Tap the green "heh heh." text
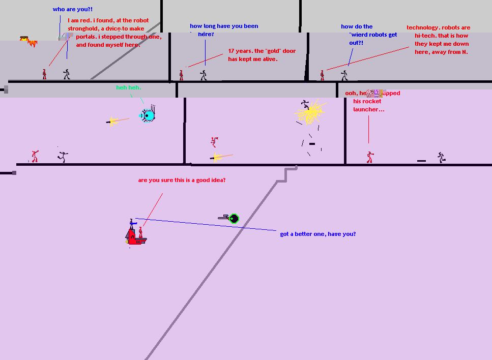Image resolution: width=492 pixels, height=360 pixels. [128, 88]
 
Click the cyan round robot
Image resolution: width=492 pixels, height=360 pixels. [148, 116]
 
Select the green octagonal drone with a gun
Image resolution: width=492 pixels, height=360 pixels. [233, 219]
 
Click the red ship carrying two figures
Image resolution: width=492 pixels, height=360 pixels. [135, 236]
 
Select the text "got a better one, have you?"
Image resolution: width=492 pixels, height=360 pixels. [318, 234]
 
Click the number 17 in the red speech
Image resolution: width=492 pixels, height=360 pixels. [232, 51]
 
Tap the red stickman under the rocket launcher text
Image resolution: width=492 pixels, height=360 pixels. [369, 157]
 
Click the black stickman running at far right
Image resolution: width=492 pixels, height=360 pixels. [441, 158]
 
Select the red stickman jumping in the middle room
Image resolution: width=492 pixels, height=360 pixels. [214, 141]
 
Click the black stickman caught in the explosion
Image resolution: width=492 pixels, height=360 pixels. [305, 105]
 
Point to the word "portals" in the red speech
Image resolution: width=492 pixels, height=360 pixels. [86, 37]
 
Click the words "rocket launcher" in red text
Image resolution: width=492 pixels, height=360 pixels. [368, 105]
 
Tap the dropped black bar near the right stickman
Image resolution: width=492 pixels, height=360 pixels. [421, 161]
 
